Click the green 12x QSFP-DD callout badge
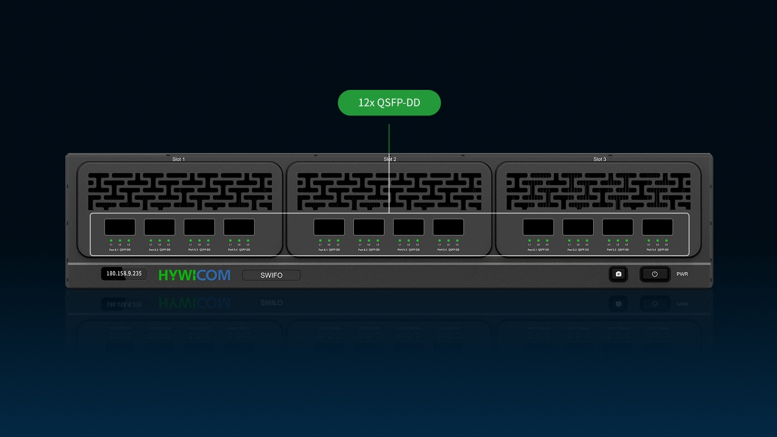point(389,103)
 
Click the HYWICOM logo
point(195,275)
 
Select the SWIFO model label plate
point(271,275)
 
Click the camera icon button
point(618,274)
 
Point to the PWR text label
point(682,274)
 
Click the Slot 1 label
point(179,159)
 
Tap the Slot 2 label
point(390,159)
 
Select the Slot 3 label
point(600,159)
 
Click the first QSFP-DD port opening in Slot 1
point(120,227)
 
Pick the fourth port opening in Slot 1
point(239,227)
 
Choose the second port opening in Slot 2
point(369,227)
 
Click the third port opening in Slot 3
point(618,227)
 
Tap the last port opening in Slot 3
point(658,227)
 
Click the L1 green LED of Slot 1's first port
point(111,241)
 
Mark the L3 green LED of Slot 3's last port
point(666,241)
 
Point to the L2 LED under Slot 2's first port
point(329,241)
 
